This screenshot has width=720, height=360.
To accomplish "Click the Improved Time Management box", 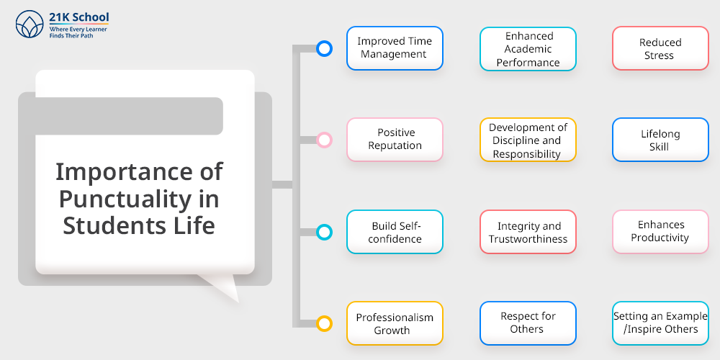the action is point(395,48).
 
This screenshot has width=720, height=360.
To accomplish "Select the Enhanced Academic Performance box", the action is point(528,49).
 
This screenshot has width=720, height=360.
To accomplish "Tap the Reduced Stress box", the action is point(660,48).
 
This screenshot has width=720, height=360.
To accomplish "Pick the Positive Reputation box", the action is point(395,140).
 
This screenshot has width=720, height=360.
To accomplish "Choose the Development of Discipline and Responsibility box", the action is point(528,140).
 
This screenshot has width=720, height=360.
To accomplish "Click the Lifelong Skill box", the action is point(660,140).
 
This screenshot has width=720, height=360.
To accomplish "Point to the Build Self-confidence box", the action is point(395,232).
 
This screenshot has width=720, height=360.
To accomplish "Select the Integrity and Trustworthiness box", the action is point(528,232).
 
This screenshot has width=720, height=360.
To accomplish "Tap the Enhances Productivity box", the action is point(660,232).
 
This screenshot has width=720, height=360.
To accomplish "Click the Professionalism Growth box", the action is point(395,323).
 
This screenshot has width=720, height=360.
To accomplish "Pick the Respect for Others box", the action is point(528,323).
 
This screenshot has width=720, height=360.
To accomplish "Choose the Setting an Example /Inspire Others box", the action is point(660,323).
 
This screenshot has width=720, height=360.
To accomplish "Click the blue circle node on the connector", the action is point(324,43).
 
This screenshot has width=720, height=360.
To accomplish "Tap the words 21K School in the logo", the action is point(79,17).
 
